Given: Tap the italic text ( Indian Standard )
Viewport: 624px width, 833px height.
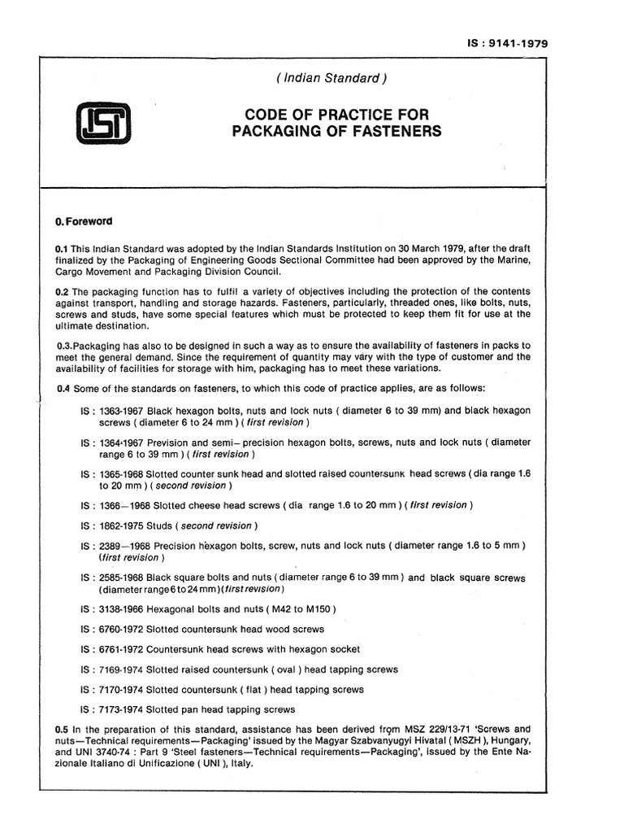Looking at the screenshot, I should coord(330,79).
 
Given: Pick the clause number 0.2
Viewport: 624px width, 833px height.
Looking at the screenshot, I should coord(61,291).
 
